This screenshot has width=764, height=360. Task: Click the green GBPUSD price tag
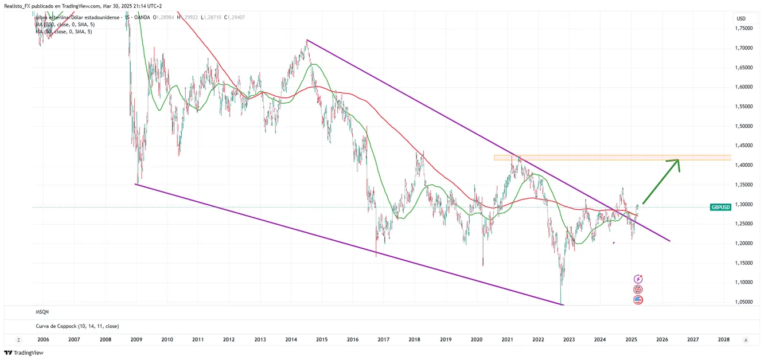(x=720, y=207)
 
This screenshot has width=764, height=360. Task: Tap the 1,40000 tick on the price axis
(x=745, y=165)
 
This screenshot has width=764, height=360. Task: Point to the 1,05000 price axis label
(x=745, y=302)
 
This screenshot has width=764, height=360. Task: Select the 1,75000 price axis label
(x=745, y=29)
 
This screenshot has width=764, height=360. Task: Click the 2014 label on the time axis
(x=291, y=340)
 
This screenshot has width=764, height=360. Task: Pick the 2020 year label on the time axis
(x=476, y=340)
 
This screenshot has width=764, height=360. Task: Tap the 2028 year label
(x=723, y=340)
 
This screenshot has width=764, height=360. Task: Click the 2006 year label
(x=43, y=340)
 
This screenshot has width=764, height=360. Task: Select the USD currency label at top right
(x=740, y=19)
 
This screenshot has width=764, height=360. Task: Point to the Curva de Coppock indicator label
(x=77, y=326)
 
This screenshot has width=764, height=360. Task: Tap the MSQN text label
(x=42, y=312)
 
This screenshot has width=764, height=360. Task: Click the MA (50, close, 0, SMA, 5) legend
(x=64, y=32)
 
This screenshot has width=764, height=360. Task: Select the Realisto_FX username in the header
(x=20, y=6)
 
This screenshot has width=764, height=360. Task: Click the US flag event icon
(x=638, y=300)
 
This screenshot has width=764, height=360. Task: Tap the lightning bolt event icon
(x=638, y=279)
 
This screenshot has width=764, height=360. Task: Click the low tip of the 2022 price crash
(x=560, y=303)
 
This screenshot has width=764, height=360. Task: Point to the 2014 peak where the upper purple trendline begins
(x=307, y=40)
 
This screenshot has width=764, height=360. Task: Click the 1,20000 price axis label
(x=745, y=243)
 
